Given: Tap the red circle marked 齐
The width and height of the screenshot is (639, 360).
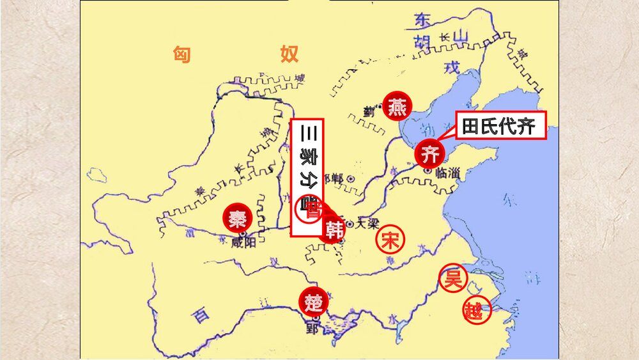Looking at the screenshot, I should pyautogui.click(x=429, y=153).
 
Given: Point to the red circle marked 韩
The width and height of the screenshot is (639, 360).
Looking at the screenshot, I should pyautogui.click(x=333, y=230).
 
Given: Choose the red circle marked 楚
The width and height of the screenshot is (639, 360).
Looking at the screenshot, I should pyautogui.click(x=313, y=301).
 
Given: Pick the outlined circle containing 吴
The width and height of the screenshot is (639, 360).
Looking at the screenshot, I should pyautogui.click(x=453, y=278).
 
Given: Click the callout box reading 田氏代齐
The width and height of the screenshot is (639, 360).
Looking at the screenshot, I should pyautogui.click(x=500, y=126).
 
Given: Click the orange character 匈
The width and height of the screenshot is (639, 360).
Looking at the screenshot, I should pyautogui.click(x=182, y=54).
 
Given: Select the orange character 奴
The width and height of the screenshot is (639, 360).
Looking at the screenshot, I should pyautogui.click(x=289, y=54).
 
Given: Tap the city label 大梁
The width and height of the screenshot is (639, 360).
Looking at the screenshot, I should pyautogui.click(x=367, y=223).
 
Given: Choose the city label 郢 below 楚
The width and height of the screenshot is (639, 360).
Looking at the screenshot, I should pyautogui.click(x=312, y=329).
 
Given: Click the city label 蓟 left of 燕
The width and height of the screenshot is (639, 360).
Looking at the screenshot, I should pyautogui.click(x=369, y=110).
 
